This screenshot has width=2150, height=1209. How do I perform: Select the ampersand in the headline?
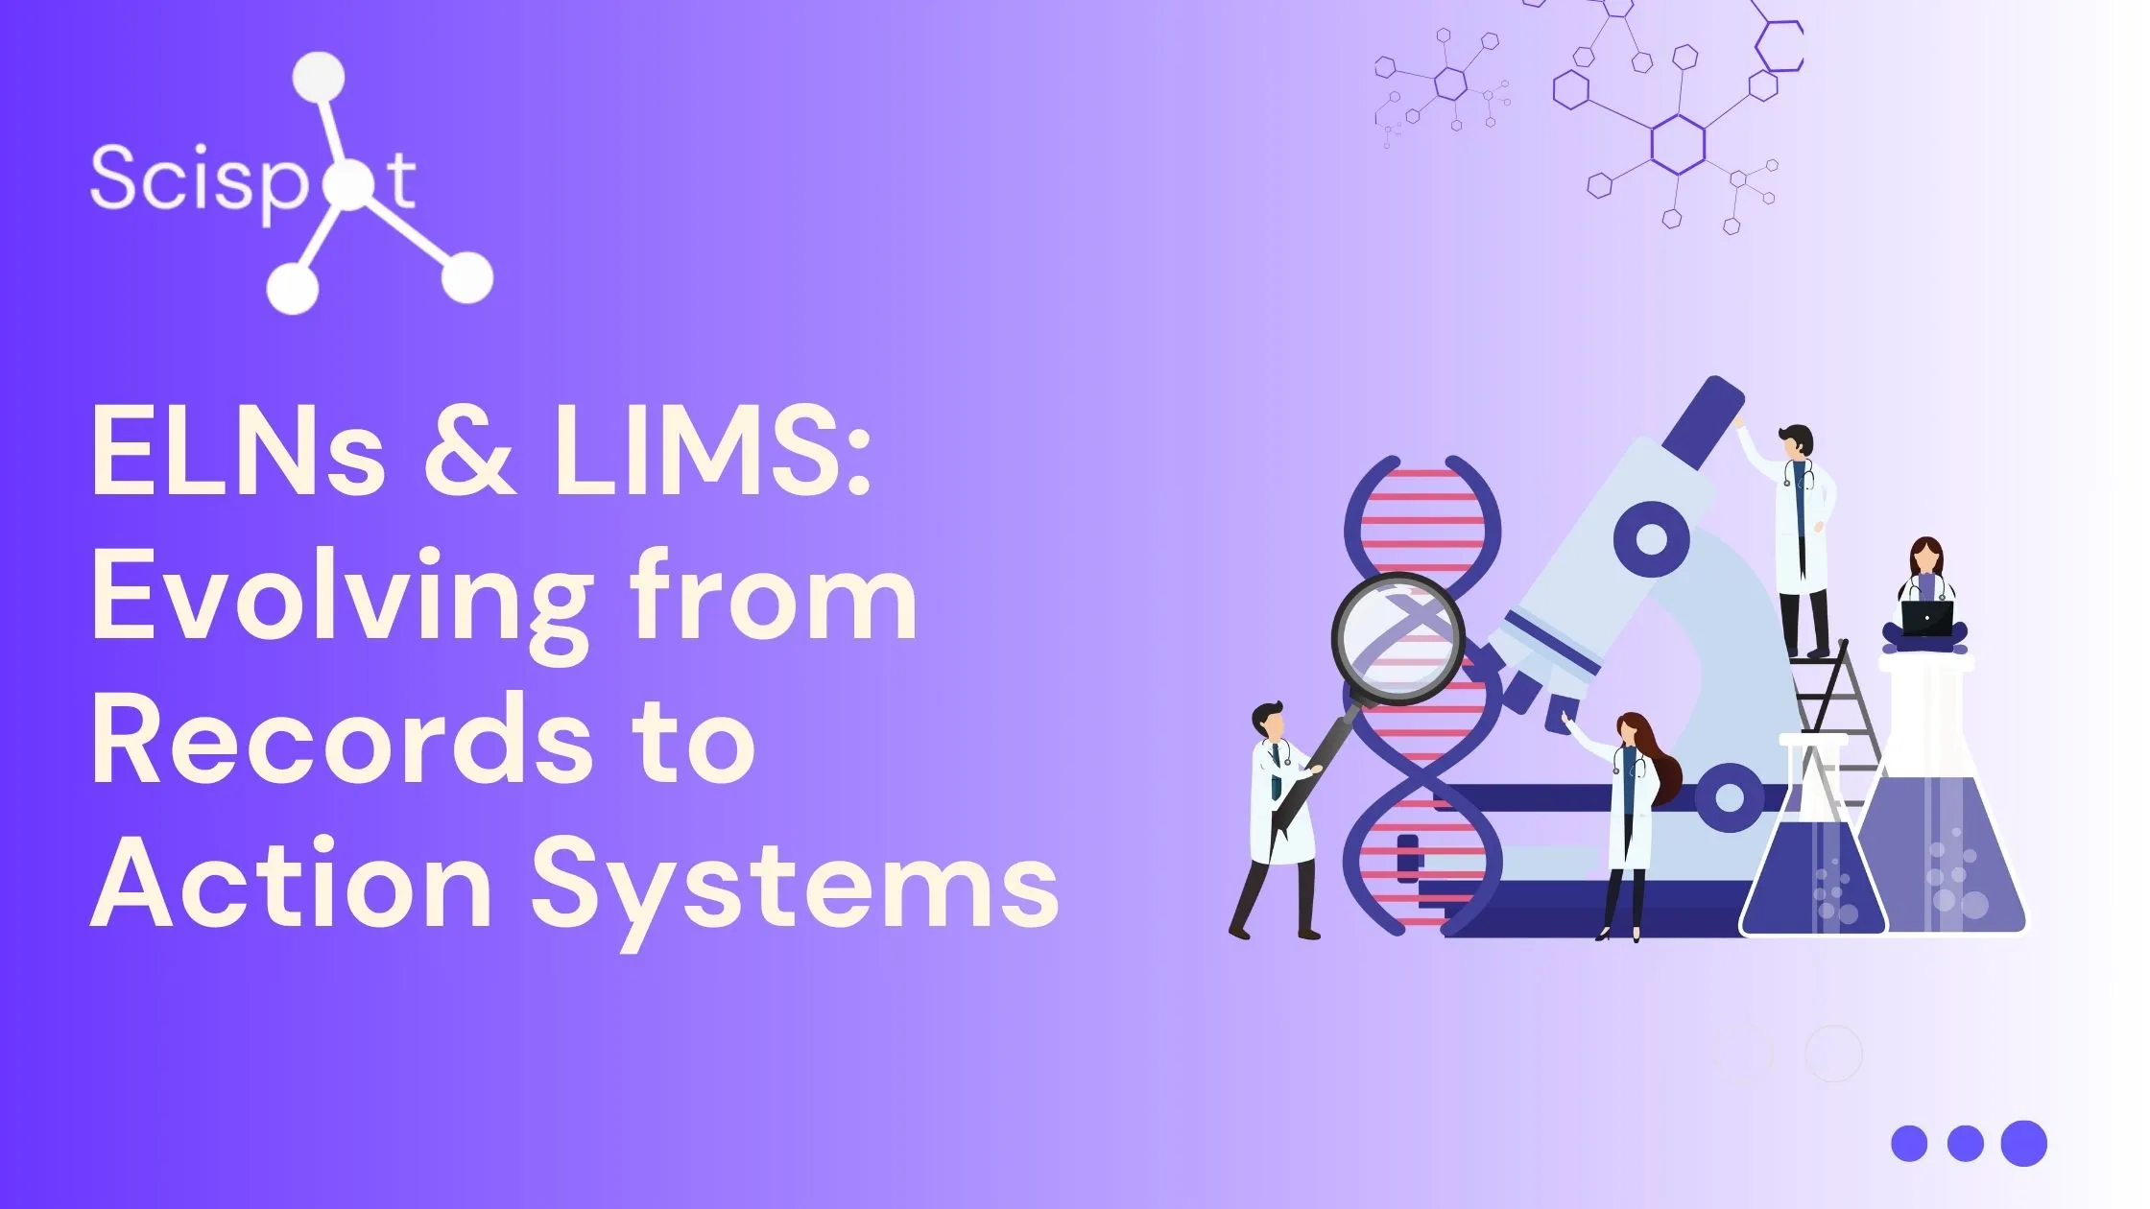467,451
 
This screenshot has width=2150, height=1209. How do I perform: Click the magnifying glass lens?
1397,639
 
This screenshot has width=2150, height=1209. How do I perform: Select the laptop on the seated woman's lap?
1927,618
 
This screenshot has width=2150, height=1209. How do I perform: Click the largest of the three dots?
2024,1143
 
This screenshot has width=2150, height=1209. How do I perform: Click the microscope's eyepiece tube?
1701,422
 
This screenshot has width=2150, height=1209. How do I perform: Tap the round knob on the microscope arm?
1650,538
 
